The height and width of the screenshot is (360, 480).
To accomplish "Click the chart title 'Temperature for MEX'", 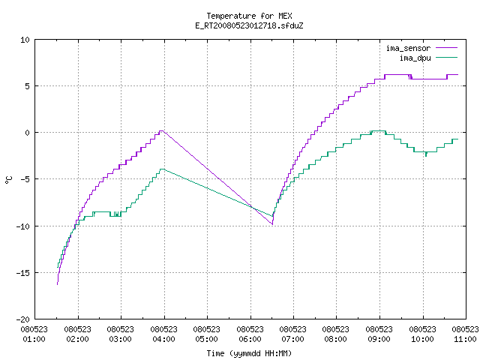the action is [249, 16].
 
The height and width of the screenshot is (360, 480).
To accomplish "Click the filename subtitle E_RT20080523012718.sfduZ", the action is [249, 25].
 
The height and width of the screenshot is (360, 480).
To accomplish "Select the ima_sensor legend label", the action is [408, 48].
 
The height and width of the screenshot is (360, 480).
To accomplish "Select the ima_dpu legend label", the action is [415, 58].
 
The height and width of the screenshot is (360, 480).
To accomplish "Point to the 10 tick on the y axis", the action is [25, 40].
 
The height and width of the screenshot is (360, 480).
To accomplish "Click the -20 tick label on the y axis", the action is [22, 319].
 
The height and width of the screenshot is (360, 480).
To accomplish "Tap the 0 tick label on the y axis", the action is [27, 133].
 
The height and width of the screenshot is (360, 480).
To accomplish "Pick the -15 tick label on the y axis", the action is [22, 273].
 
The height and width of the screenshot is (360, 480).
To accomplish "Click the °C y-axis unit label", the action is [8, 180].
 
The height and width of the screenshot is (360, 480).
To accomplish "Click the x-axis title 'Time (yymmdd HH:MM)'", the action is [249, 353].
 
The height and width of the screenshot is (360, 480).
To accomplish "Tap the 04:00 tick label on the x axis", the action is [163, 339].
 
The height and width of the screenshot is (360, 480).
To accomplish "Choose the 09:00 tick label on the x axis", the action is [379, 339].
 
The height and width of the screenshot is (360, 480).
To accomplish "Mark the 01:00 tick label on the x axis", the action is [34, 339].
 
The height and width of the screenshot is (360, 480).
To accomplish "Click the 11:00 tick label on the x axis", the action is [465, 339].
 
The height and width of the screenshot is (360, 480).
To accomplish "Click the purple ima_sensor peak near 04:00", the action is [162, 130].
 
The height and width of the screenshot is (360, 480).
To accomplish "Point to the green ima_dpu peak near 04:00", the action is [162, 169].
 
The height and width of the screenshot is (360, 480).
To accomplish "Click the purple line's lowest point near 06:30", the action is [272, 224].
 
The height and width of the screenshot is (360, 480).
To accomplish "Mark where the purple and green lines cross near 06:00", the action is [252, 207].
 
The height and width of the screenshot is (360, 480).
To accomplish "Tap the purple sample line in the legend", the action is [447, 48].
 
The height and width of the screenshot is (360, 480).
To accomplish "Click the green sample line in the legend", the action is [447, 57].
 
